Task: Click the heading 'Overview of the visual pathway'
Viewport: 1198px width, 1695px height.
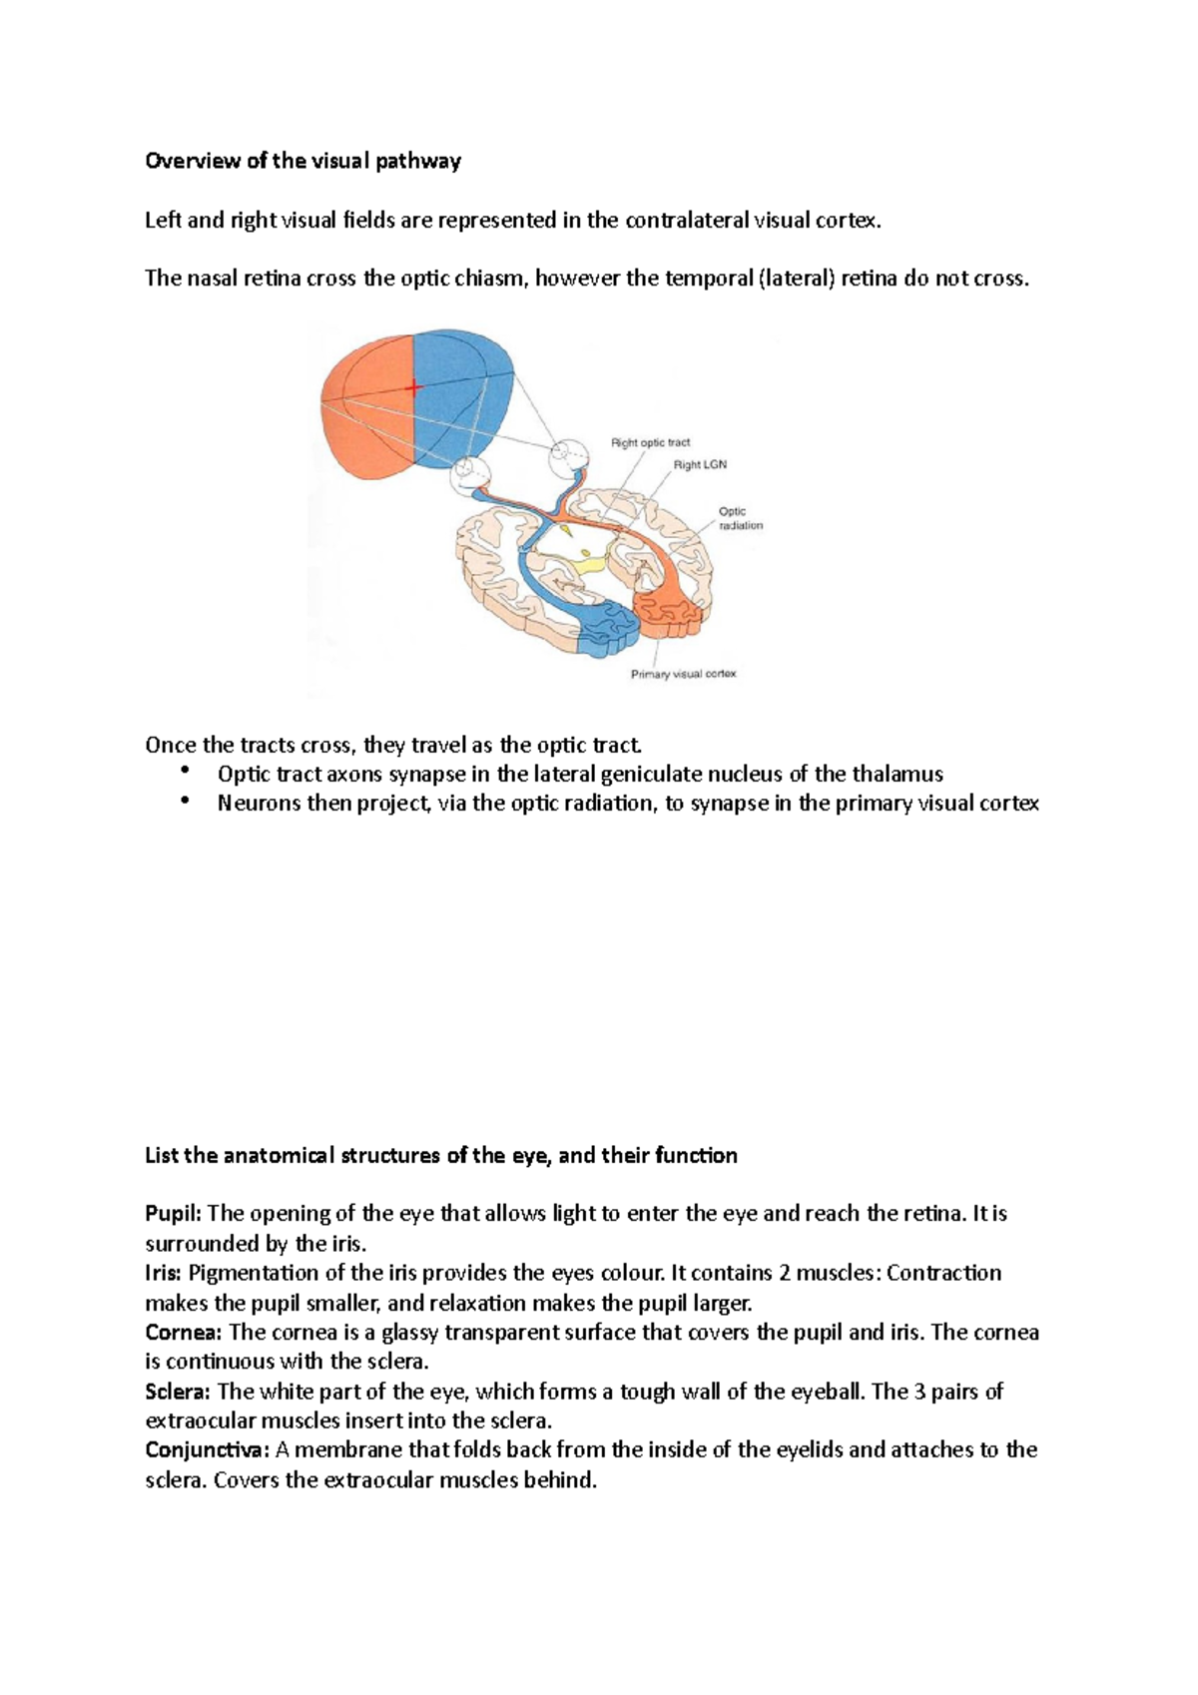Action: pyautogui.click(x=302, y=161)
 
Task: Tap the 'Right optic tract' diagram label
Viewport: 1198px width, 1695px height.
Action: pyautogui.click(x=650, y=442)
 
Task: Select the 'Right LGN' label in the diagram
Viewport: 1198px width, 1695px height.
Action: pyautogui.click(x=700, y=465)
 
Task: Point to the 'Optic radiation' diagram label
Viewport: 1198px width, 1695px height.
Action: pyautogui.click(x=740, y=518)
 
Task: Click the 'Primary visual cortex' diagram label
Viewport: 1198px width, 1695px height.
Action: pyautogui.click(x=683, y=674)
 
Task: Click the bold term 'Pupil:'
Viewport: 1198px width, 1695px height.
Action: pyautogui.click(x=174, y=1213)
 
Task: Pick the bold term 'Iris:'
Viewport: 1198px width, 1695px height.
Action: pyautogui.click(x=164, y=1273)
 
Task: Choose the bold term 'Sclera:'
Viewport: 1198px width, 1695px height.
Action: pyautogui.click(x=179, y=1391)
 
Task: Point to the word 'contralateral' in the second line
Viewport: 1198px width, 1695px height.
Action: pyautogui.click(x=686, y=220)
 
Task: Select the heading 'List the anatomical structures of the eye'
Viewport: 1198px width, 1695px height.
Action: pyautogui.click(x=441, y=1155)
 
